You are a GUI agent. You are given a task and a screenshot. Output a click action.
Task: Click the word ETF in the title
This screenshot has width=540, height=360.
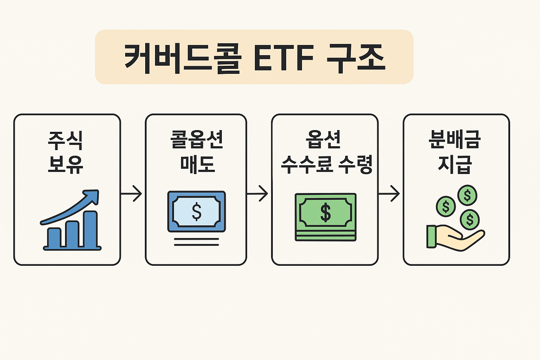pos(283,58)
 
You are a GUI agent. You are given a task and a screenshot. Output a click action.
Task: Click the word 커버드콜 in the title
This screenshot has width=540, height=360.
pos(183,58)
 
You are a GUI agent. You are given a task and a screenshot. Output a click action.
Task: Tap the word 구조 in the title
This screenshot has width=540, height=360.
pos(355,58)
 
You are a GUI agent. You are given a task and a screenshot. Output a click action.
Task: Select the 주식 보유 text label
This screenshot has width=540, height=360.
pos(66,152)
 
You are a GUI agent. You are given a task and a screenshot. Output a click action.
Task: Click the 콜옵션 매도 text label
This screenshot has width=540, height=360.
pos(197,152)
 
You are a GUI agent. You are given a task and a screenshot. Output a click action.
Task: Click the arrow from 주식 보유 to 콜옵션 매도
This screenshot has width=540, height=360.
pos(131,194)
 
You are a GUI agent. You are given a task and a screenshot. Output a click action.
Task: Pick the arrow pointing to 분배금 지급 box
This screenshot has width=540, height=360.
pos(389,194)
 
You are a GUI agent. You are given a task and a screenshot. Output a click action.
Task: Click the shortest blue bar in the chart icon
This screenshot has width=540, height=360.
pos(54,237)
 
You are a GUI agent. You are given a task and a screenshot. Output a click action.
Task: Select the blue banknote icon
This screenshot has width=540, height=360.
pos(197,211)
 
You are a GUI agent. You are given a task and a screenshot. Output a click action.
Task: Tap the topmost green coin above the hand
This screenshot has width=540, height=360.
pos(467,195)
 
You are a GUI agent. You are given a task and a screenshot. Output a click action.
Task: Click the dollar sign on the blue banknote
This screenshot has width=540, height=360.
pos(197,212)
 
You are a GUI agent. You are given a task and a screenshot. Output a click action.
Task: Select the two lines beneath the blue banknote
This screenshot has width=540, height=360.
pos(197,242)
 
